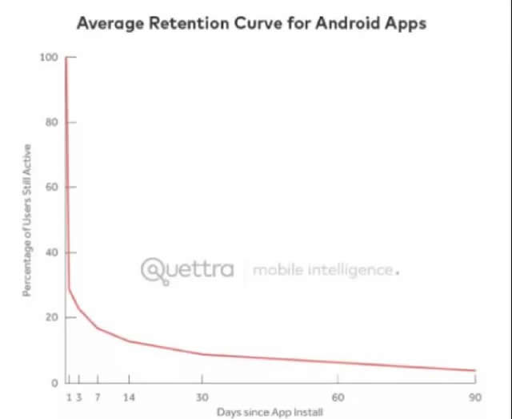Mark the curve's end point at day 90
coord(475,370)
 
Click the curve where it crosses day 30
coord(202,354)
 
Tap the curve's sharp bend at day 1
coord(69,289)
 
